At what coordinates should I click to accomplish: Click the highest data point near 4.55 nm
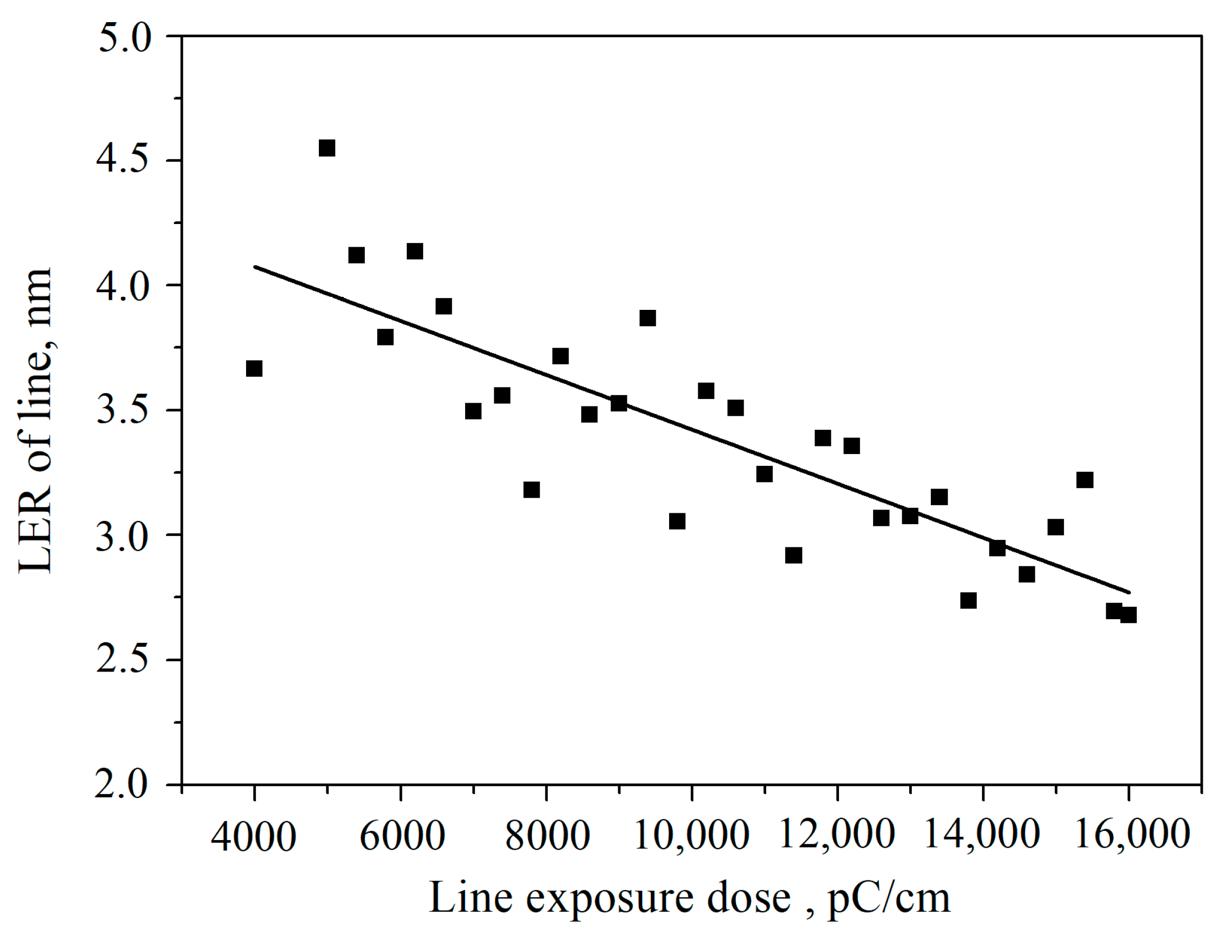point(326,148)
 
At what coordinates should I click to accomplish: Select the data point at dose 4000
point(254,368)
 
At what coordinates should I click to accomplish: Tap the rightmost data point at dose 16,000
point(1128,615)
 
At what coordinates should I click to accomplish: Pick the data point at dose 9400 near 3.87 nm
point(648,319)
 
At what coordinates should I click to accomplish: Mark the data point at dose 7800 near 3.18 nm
point(531,490)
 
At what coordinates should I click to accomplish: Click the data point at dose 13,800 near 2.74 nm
point(969,600)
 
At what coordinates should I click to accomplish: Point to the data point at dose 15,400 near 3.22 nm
point(1085,480)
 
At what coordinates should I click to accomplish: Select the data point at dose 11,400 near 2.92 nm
point(793,555)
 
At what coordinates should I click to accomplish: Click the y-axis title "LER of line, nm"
point(36,420)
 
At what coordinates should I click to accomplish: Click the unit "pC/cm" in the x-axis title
point(889,899)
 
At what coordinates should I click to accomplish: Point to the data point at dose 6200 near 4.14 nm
point(414,252)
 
